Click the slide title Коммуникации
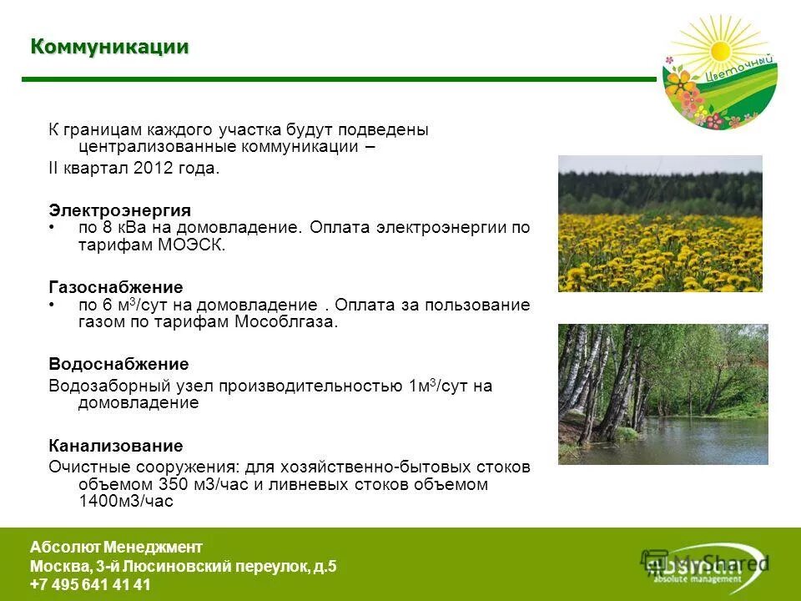pyautogui.click(x=109, y=47)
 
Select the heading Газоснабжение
pyautogui.click(x=115, y=287)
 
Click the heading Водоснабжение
pyautogui.click(x=118, y=365)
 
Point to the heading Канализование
pyautogui.click(x=115, y=446)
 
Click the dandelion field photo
pyautogui.click(x=659, y=224)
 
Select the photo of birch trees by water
pyautogui.click(x=662, y=394)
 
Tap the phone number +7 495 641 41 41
pyautogui.click(x=90, y=585)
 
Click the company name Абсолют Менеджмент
pyautogui.click(x=116, y=548)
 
